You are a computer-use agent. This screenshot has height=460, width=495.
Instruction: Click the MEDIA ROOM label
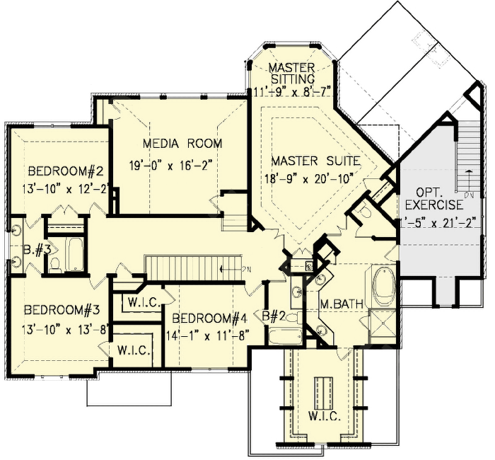point(182,144)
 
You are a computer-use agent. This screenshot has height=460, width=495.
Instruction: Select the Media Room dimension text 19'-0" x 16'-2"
point(182,165)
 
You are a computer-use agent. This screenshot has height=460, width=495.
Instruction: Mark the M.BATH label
point(341,304)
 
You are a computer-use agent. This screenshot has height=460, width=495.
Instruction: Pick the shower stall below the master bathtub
point(383,326)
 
